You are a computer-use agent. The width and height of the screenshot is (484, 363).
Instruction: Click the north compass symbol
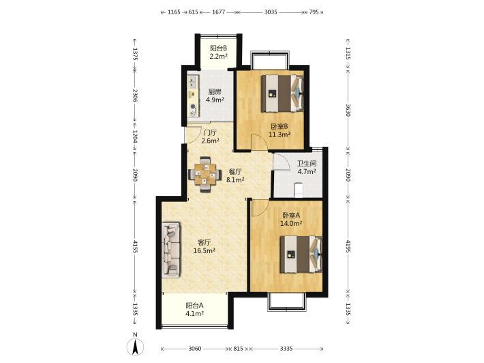click(x=135, y=345)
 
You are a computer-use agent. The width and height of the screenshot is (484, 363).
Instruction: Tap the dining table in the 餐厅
click(x=205, y=175)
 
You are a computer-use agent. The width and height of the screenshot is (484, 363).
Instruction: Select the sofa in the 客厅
click(x=171, y=249)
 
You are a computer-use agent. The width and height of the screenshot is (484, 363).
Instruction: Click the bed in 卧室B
click(x=282, y=93)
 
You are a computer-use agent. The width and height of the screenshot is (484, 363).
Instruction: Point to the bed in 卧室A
click(x=301, y=255)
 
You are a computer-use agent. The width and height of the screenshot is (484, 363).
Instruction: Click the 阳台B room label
click(x=219, y=48)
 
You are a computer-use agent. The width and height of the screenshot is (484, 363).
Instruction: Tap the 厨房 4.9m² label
click(x=215, y=96)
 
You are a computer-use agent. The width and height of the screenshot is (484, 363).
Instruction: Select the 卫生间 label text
click(x=307, y=164)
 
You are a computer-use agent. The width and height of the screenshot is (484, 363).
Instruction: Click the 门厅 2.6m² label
click(x=210, y=137)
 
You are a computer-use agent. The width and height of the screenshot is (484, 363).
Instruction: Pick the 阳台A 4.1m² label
click(x=194, y=310)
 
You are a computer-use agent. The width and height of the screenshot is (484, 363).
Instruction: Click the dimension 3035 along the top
click(x=271, y=12)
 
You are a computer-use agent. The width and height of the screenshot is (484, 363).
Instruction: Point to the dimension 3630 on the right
click(x=348, y=110)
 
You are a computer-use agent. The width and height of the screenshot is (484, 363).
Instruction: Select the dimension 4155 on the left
click(x=134, y=246)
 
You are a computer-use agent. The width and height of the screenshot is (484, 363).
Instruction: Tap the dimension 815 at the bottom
click(x=238, y=349)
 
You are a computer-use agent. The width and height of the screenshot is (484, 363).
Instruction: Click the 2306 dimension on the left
click(x=134, y=96)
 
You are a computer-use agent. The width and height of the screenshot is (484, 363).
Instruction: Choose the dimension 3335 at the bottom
click(x=286, y=349)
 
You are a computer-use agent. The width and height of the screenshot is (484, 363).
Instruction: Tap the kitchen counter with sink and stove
click(x=193, y=96)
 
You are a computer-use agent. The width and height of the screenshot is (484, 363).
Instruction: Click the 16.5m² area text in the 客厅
click(x=204, y=251)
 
